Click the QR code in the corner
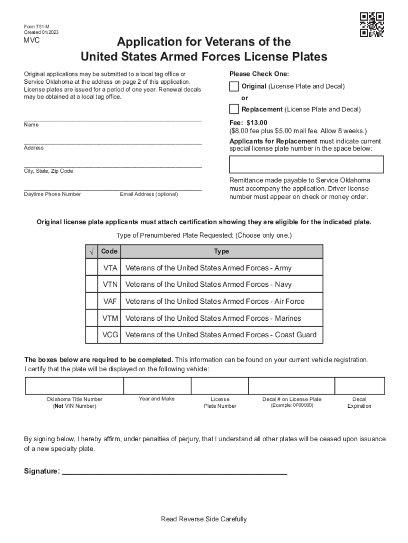(x=371, y=25)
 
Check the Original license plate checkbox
(x=234, y=86)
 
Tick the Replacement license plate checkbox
(x=234, y=109)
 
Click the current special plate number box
(x=307, y=164)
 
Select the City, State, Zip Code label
(x=48, y=171)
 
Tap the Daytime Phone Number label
(x=52, y=194)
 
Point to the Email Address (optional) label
(x=149, y=194)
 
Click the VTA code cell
(x=110, y=268)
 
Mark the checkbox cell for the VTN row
(x=92, y=285)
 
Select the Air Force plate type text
(x=215, y=301)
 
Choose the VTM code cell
(x=110, y=318)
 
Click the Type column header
(x=221, y=251)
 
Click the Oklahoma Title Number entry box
(x=74, y=386)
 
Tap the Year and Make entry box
(x=157, y=386)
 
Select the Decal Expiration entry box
(x=359, y=386)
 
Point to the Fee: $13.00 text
(x=249, y=122)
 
